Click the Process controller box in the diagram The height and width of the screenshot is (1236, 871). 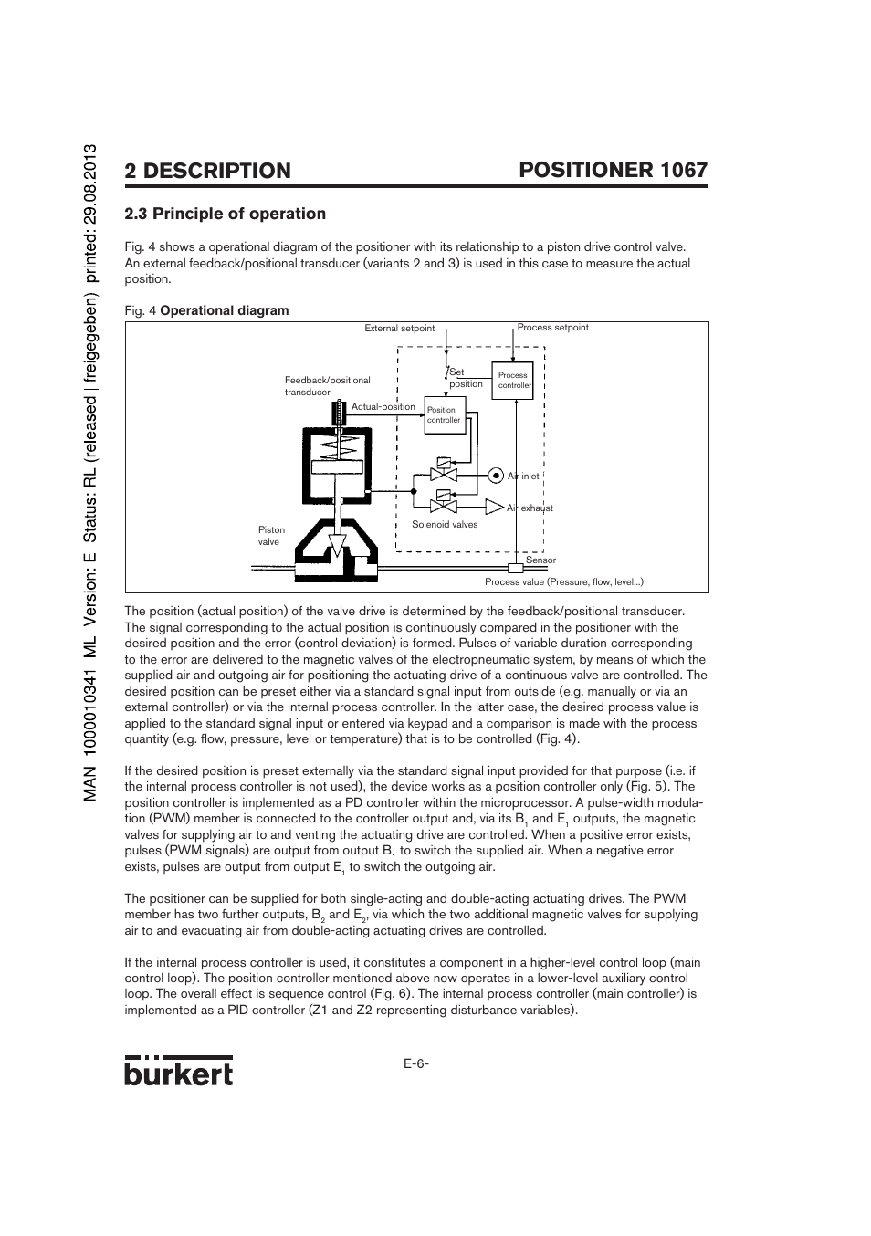[514, 381]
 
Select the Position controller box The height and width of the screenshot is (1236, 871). [446, 415]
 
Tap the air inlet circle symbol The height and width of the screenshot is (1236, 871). [495, 476]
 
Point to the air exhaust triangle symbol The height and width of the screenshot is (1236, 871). [494, 507]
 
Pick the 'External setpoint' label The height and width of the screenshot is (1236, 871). [399, 329]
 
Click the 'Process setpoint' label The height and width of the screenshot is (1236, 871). [552, 328]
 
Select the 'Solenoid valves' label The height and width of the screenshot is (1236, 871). [445, 525]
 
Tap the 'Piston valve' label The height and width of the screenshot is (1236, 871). [271, 536]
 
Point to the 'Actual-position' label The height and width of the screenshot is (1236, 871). [383, 407]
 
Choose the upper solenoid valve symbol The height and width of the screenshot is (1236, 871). [444, 472]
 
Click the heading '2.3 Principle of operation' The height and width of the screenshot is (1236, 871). [225, 214]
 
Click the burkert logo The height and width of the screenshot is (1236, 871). [178, 1071]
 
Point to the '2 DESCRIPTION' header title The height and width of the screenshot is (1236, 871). [207, 171]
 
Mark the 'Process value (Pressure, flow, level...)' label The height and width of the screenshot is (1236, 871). [563, 582]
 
